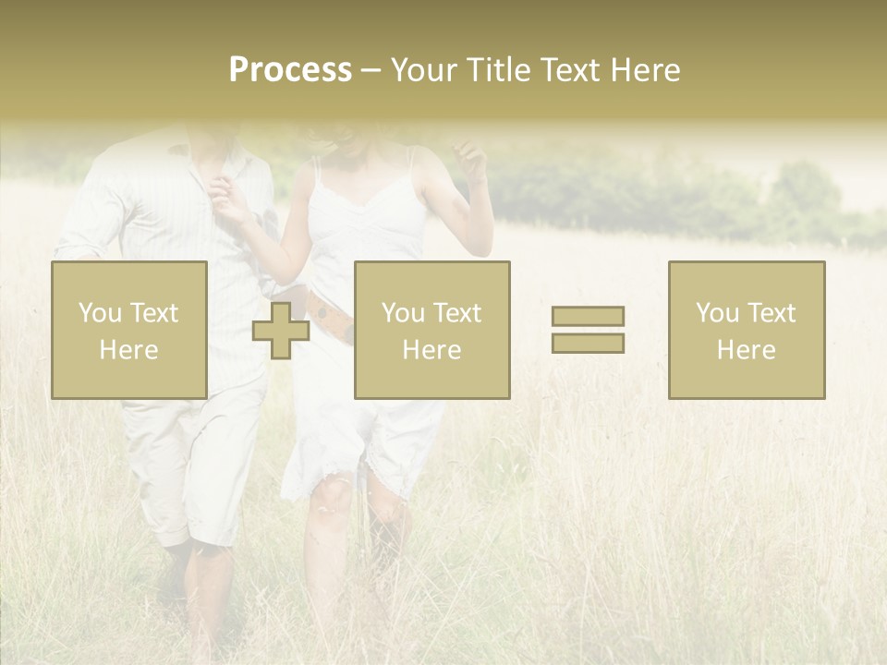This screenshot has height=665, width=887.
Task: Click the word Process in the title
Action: tap(290, 70)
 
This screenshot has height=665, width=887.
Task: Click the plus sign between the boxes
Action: tap(281, 331)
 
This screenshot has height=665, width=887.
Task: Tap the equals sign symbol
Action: tap(588, 330)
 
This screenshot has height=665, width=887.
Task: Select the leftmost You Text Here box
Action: tap(129, 330)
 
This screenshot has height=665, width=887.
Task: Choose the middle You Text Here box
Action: tap(432, 330)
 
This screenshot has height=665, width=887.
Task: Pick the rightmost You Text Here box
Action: tap(747, 330)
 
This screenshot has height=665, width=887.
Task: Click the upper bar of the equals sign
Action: tap(588, 316)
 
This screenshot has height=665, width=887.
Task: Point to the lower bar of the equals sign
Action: tap(588, 343)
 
